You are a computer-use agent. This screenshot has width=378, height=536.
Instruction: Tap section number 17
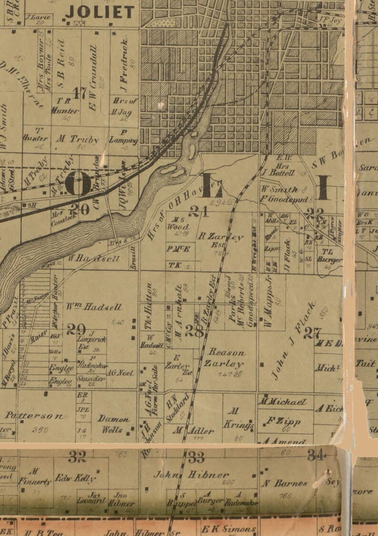pyautogui.click(x=80, y=92)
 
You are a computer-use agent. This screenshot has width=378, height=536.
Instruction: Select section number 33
pyautogui.click(x=196, y=457)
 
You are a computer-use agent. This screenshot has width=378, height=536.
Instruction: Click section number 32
pyautogui.click(x=77, y=457)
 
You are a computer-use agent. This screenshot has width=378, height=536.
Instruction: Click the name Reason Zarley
pyautogui.click(x=226, y=358)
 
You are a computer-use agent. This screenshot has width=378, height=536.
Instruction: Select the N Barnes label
pyautogui.click(x=285, y=483)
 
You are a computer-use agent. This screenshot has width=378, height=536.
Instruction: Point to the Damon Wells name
pyautogui.click(x=113, y=424)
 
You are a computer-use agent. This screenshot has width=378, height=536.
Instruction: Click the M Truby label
pyautogui.click(x=78, y=140)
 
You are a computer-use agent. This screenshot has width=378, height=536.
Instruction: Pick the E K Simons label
pyautogui.click(x=229, y=529)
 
